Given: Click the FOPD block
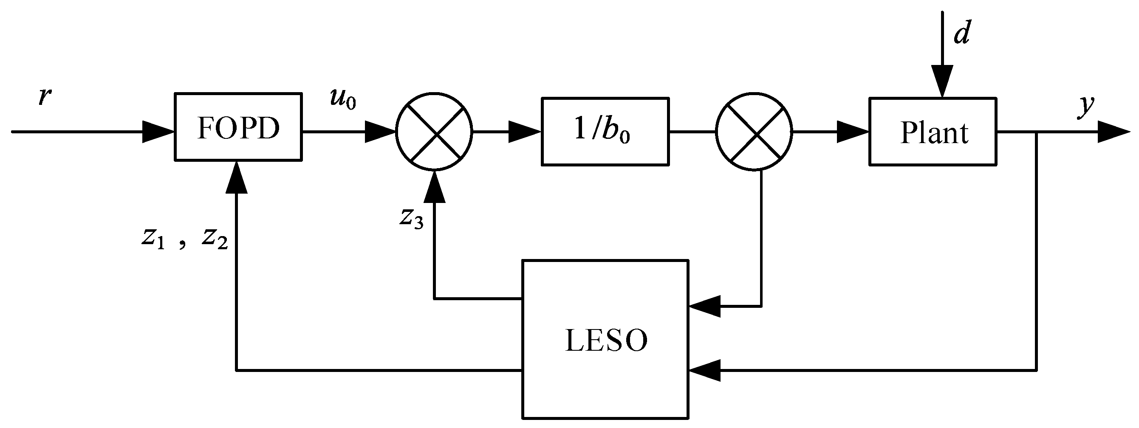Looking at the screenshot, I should click(x=238, y=127).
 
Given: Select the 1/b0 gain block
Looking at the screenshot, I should click(x=605, y=132).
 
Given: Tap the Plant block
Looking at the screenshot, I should click(x=933, y=132).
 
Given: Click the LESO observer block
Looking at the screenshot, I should click(x=605, y=340).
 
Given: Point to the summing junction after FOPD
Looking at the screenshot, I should click(x=434, y=132).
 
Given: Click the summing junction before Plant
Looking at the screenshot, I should click(x=754, y=132).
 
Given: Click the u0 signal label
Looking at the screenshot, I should click(x=343, y=99).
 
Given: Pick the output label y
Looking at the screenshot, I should click(x=1086, y=106).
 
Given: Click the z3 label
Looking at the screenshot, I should click(x=411, y=218).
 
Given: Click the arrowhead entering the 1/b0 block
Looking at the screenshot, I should click(x=524, y=132).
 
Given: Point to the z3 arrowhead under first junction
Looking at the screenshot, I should click(x=435, y=186).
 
